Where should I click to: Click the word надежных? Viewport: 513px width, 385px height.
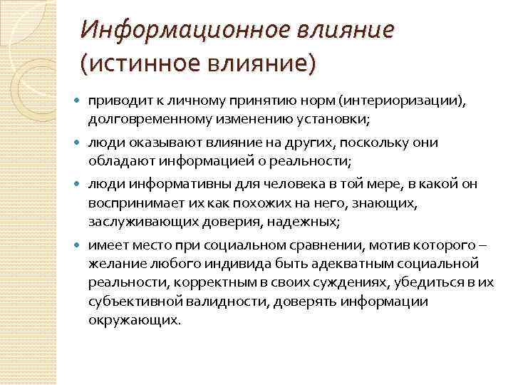point(304,222)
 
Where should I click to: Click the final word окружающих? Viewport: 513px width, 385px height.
point(135,320)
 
